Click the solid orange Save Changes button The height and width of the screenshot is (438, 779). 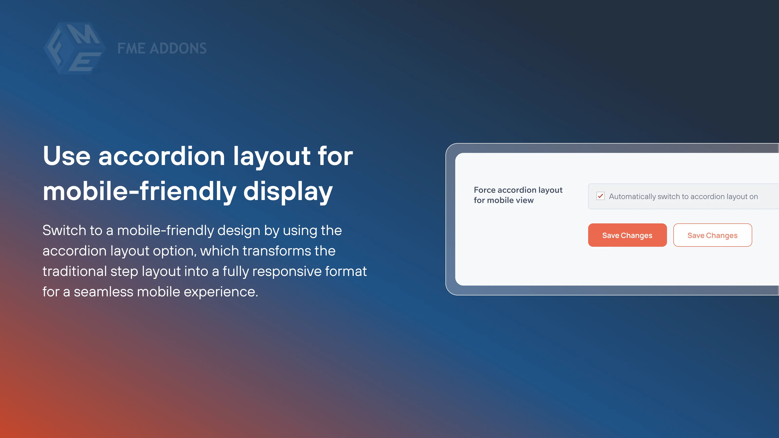(627, 235)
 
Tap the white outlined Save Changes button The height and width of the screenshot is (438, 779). (713, 235)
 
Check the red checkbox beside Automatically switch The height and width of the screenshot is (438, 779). (601, 196)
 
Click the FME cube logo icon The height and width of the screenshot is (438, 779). (75, 48)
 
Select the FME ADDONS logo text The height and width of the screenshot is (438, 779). (162, 48)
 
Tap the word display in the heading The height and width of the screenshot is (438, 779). (288, 191)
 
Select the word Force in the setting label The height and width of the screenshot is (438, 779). (485, 190)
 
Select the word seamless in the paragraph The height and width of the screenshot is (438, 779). (103, 292)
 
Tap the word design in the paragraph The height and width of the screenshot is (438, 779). (239, 231)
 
